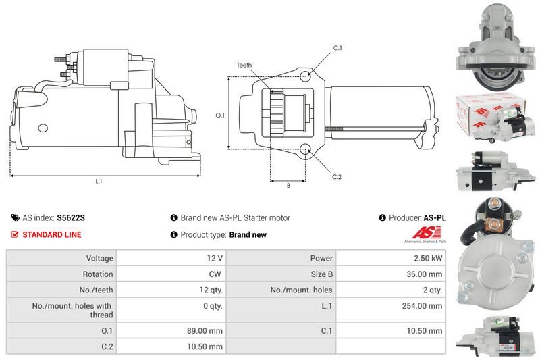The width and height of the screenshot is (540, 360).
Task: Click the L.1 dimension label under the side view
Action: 99,181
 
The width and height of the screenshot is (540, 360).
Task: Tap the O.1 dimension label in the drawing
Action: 220,115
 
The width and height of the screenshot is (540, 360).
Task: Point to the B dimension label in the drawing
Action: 288,185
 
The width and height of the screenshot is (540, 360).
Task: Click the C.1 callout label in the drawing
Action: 337,48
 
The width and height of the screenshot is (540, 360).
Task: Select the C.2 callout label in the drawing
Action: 336,177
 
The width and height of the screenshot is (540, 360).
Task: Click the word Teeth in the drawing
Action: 244,65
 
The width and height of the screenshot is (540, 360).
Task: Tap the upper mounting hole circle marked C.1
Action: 305,76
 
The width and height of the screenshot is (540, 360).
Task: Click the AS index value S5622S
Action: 71,217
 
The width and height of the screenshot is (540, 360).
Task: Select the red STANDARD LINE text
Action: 52,234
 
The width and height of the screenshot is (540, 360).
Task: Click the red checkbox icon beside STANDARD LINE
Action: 14,234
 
